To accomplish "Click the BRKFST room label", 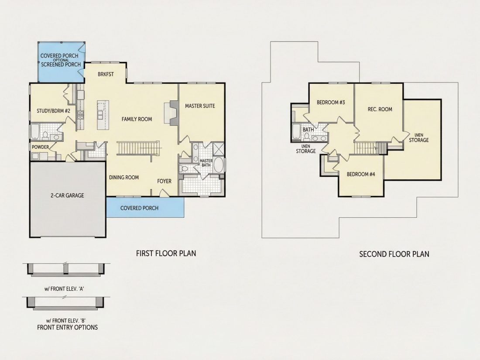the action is pos(106,74).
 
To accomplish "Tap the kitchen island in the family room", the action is pos(101,115).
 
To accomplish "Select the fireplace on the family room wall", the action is pos(171,113).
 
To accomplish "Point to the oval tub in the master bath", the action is pos(218,165).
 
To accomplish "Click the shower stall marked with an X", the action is pos(218,149).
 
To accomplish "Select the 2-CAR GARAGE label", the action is pos(67,195).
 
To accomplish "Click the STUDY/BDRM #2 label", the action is pos(54,111).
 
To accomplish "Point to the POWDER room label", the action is pos(41,147).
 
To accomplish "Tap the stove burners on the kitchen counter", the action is pos(81,115).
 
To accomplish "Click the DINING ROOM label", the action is pos(124,177).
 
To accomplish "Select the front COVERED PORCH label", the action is pos(139,208).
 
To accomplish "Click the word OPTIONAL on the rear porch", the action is pos(61,60).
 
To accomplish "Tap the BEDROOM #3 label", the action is pos(331,102).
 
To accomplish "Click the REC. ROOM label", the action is pos(380,109).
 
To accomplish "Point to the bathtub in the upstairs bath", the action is pos(296,132).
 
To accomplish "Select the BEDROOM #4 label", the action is pos(361,174).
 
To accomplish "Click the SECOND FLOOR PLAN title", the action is pos(394,254).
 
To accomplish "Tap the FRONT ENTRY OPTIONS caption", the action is pos(67,327).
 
